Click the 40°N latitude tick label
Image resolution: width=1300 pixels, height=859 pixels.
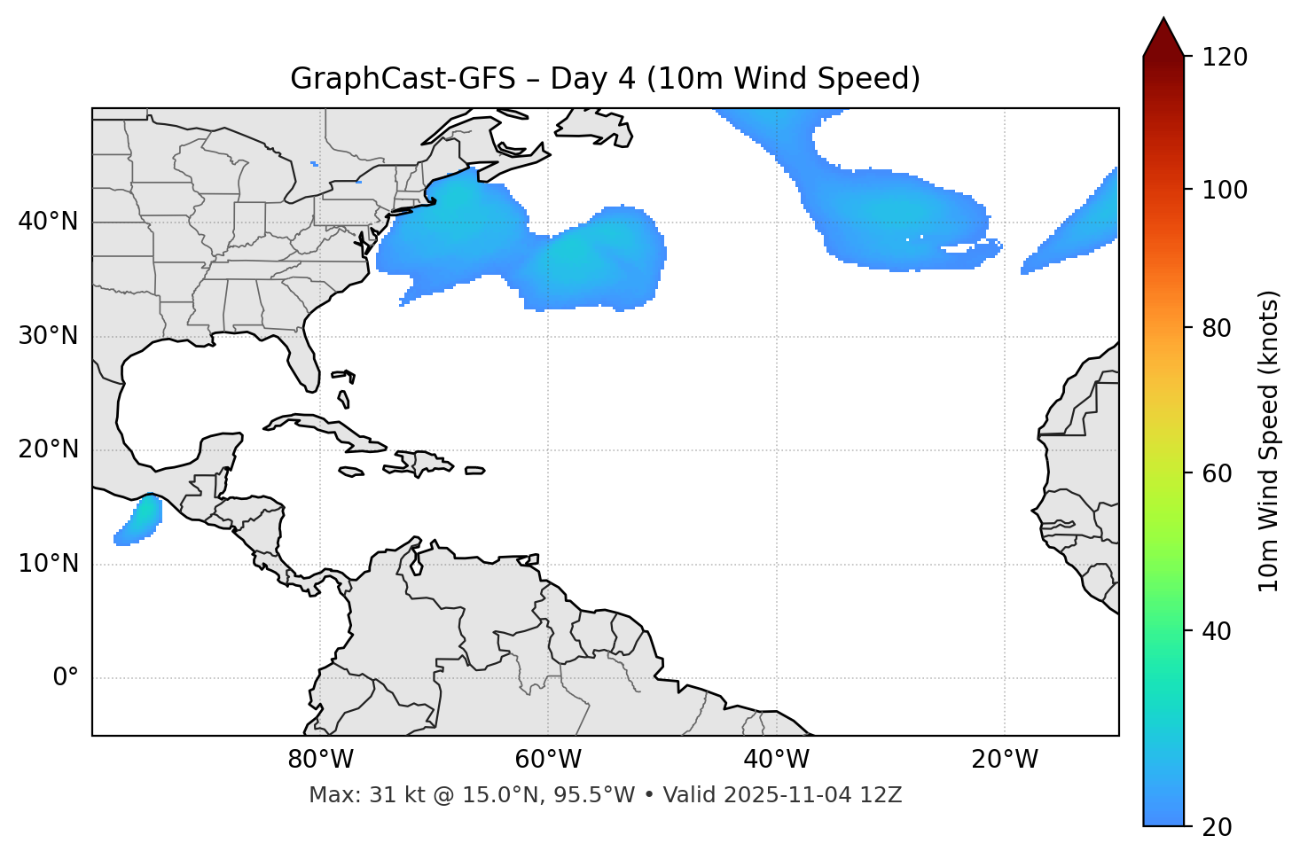[48, 222]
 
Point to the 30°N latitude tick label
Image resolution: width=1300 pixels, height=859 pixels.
[48, 336]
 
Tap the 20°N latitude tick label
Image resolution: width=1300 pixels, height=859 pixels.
[48, 449]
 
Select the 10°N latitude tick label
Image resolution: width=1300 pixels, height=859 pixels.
[48, 564]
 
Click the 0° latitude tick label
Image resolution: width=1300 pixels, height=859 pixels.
[66, 678]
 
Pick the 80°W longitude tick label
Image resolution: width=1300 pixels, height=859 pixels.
[320, 760]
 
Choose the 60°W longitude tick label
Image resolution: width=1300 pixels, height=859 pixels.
[548, 760]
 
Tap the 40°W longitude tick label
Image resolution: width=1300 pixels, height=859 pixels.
[776, 760]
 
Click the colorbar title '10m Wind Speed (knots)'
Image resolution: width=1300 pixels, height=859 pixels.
[1269, 441]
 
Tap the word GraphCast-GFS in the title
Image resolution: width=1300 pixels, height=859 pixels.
[403, 79]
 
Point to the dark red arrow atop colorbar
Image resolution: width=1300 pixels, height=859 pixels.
[1163, 37]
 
